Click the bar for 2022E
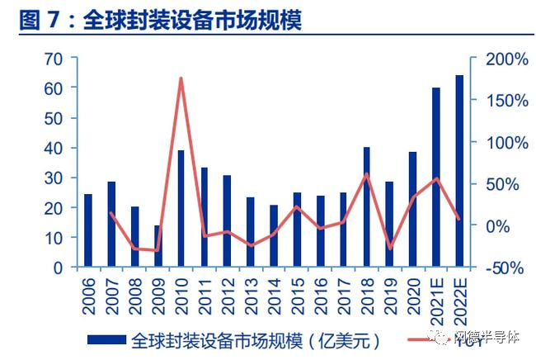point(459,171)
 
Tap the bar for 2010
point(181,209)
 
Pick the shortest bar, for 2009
point(158,246)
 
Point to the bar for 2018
point(366,207)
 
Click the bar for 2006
point(88,230)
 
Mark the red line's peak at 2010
point(181,78)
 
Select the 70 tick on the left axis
point(54,59)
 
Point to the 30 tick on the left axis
point(54,178)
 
